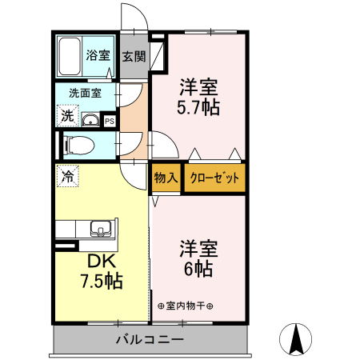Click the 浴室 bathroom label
[x=99, y=56]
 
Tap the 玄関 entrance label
[x=134, y=57]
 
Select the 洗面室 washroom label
[x=85, y=93]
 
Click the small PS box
[x=110, y=122]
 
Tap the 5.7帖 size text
[x=199, y=105]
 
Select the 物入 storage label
[x=166, y=178]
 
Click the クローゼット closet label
[x=214, y=178]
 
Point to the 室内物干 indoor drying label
[x=192, y=306]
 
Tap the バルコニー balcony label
[x=150, y=339]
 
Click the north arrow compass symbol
[x=297, y=340]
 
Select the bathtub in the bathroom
[x=70, y=54]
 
